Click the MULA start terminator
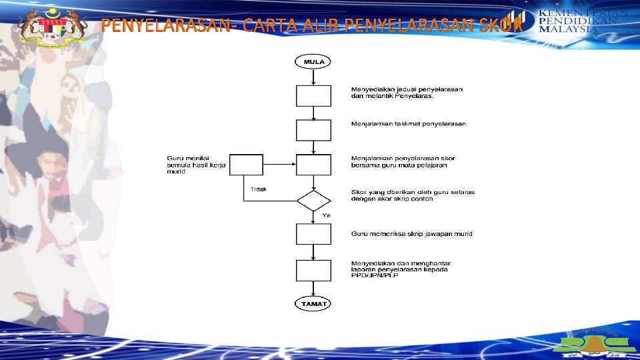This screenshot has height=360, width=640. coord(313,62)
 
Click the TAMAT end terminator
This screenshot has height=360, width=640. coord(313,304)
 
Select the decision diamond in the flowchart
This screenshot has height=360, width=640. coord(313,200)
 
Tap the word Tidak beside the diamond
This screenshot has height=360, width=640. coord(259,189)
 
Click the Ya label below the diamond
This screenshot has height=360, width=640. coord(327,215)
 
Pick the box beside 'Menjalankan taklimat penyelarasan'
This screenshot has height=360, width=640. coord(313,130)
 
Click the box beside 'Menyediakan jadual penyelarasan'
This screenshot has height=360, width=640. coord(313,95)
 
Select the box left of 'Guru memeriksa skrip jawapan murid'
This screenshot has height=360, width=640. coord(313,234)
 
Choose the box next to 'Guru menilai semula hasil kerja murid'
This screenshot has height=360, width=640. coord(246,165)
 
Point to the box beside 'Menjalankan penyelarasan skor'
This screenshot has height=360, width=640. coord(313,165)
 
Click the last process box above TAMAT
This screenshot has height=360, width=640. coord(313,270)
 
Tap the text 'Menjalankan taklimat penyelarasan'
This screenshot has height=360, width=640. coord(409,124)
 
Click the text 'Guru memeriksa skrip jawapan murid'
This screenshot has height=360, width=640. coord(411,234)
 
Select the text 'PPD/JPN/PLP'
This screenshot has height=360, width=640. coord(374,276)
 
